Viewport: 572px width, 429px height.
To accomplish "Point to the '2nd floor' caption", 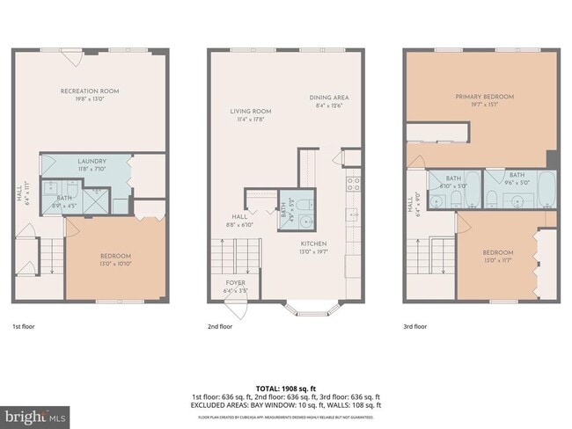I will pos(220,325).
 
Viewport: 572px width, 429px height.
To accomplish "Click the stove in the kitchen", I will pos(353,185).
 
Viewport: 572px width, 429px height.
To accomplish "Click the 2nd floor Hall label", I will pos(239,220).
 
